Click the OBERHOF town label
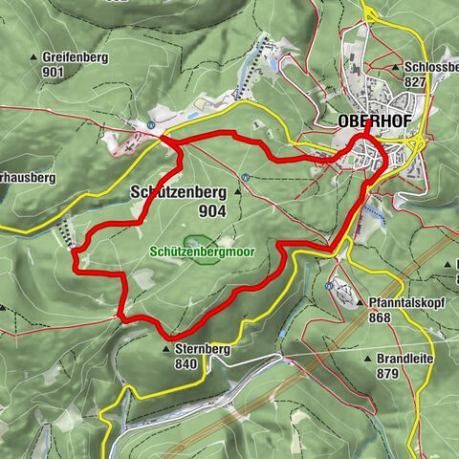(x=370, y=121)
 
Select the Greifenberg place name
(x=76, y=57)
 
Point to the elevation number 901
(x=53, y=73)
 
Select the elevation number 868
(x=380, y=317)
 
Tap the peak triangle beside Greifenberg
(x=34, y=57)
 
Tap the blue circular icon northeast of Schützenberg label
(x=246, y=176)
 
